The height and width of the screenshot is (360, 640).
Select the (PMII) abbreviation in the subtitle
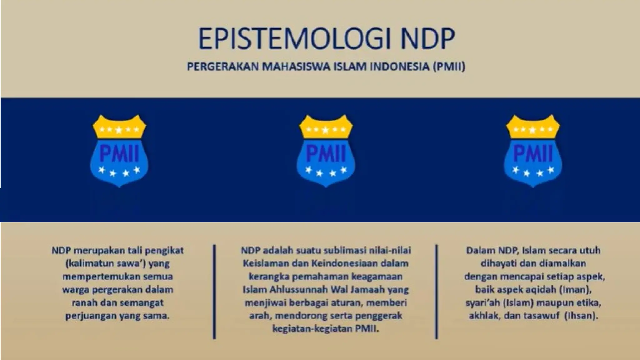point(449,67)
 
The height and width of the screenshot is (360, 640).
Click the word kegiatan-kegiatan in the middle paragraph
point(312,329)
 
